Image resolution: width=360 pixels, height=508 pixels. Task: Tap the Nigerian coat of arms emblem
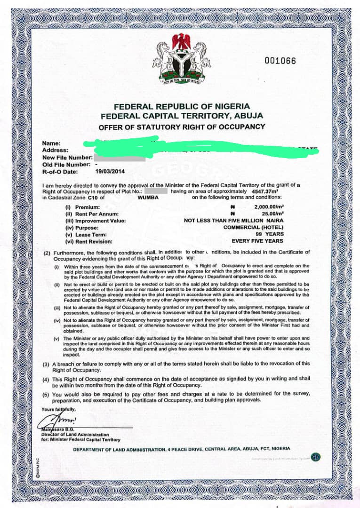pyautogui.click(x=182, y=59)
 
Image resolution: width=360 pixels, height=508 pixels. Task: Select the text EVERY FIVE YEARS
pyautogui.click(x=257, y=241)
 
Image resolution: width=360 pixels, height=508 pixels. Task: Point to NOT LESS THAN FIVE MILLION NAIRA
pyautogui.click(x=233, y=221)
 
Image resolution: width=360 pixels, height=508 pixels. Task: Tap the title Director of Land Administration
pyautogui.click(x=74, y=435)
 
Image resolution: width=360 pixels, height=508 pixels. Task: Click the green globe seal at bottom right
pyautogui.click(x=316, y=457)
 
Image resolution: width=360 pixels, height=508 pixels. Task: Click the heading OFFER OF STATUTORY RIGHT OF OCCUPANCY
pyautogui.click(x=182, y=127)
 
